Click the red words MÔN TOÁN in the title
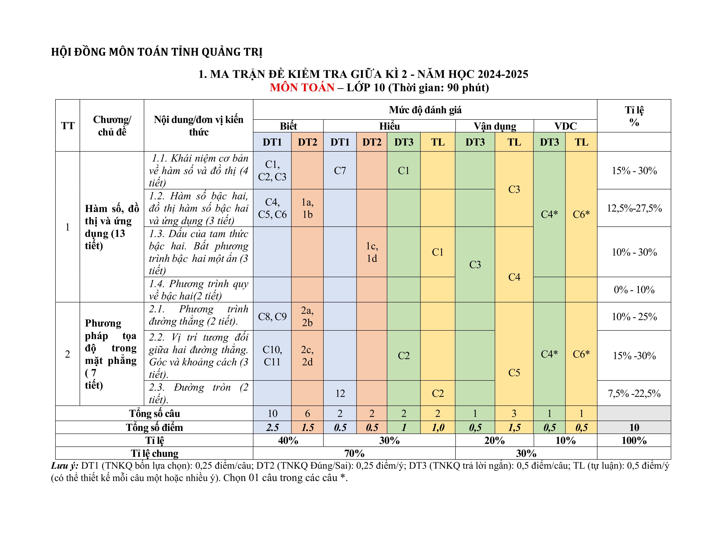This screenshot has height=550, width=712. [x=302, y=88]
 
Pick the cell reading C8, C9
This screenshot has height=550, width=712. [x=272, y=316]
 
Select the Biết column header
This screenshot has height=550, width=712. [x=288, y=126]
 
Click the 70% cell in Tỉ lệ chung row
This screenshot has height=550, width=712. [x=354, y=453]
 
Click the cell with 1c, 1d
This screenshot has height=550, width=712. [x=372, y=252]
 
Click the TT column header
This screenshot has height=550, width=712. [x=68, y=126]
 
